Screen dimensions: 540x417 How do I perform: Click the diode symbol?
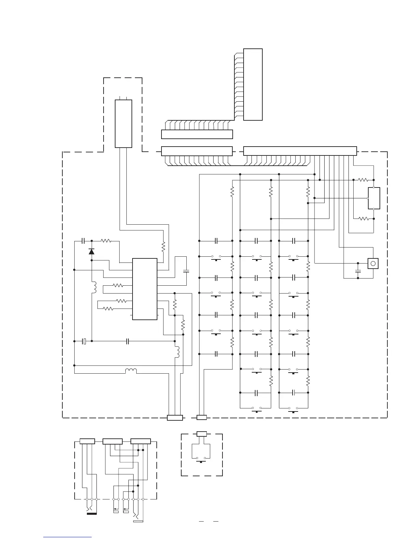pos(91,252)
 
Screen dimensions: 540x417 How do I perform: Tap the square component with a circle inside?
pos(373,264)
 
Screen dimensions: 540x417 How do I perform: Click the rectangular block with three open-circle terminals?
pos(374,198)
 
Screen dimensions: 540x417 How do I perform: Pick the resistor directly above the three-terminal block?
pos(363,180)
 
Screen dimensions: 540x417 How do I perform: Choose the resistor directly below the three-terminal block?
pos(363,219)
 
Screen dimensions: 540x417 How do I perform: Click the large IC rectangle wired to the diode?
pos(145,289)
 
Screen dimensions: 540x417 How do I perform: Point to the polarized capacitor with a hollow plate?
pos(85,341)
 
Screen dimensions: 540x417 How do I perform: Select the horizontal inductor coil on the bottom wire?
pos(131,371)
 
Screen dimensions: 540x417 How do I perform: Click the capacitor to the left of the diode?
pos(83,241)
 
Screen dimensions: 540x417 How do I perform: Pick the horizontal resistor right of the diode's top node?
pos(106,241)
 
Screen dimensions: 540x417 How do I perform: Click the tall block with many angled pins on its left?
pos(253,85)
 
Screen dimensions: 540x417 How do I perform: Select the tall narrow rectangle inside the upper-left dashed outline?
pos(123,123)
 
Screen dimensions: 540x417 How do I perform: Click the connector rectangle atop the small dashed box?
pos(202,434)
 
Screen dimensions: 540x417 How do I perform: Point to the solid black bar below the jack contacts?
pos(92,513)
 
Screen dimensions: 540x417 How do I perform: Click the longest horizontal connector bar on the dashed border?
pos(300,151)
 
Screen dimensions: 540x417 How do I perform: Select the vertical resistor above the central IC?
pos(163,246)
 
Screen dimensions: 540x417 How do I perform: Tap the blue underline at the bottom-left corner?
pos(68,537)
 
